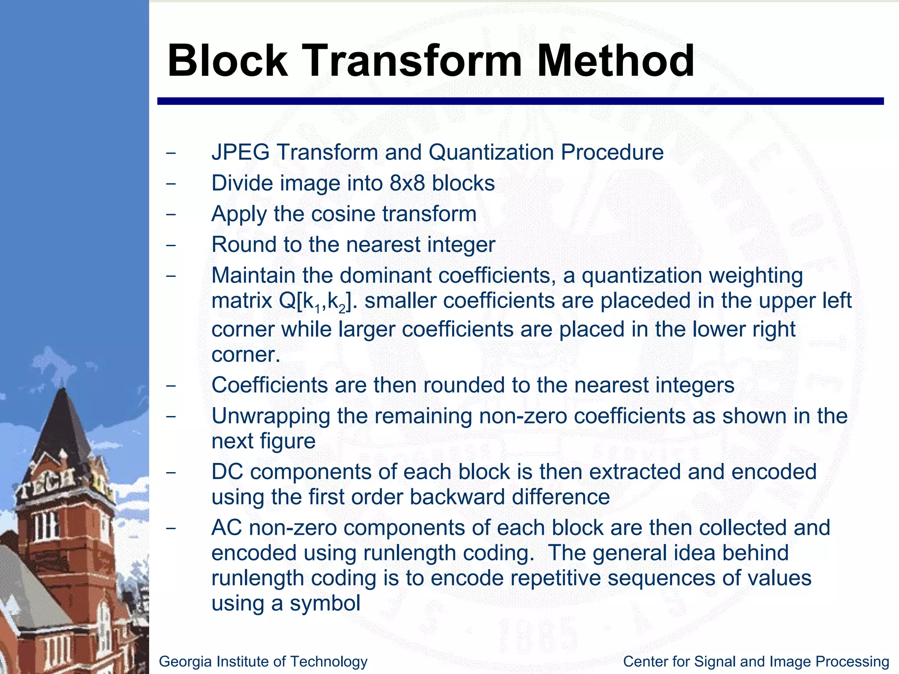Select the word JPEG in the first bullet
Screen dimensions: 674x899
click(x=240, y=152)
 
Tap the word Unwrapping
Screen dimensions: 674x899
click(x=270, y=416)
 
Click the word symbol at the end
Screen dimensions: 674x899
click(x=325, y=603)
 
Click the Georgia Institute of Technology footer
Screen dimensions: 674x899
click(x=263, y=661)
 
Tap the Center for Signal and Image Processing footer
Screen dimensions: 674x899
click(x=756, y=661)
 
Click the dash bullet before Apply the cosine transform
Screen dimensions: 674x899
click(x=171, y=215)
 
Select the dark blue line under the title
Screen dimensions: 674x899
click(x=520, y=101)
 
